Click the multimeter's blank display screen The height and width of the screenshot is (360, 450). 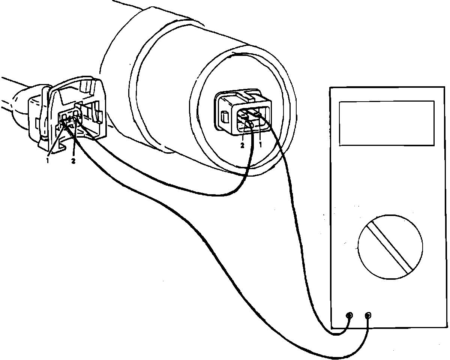[x=387, y=123]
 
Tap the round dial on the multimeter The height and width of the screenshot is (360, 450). [x=390, y=247]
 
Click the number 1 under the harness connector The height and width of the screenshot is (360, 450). [x=48, y=160]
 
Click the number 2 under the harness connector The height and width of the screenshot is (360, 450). [x=73, y=162]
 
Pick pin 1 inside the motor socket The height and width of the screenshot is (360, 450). [x=258, y=112]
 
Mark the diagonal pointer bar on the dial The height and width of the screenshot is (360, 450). [x=390, y=247]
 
